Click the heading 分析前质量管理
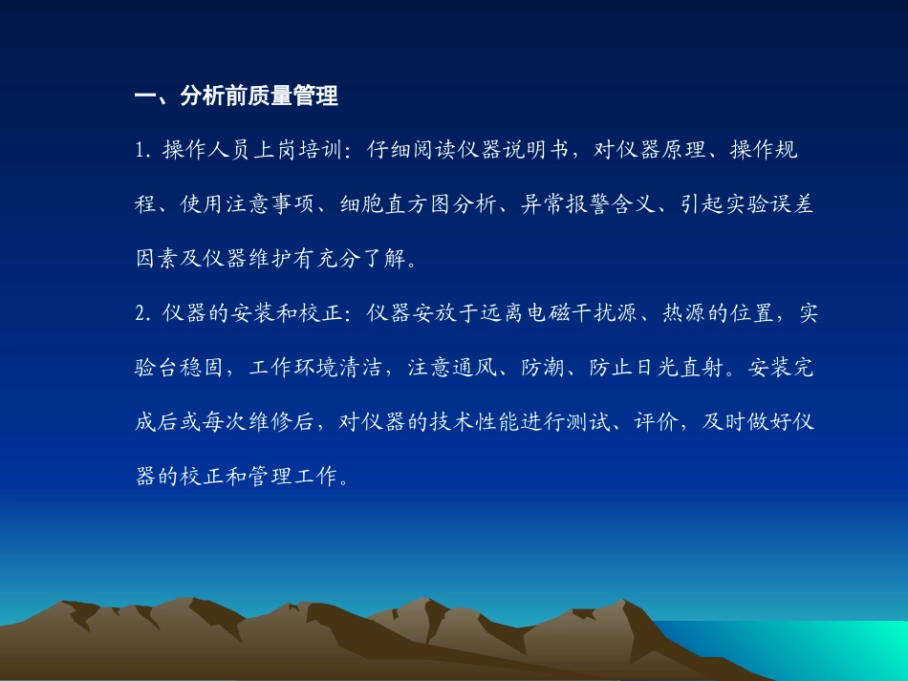click(x=259, y=96)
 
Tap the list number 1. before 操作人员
click(x=144, y=151)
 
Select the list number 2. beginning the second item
click(x=144, y=313)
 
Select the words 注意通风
click(x=454, y=368)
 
